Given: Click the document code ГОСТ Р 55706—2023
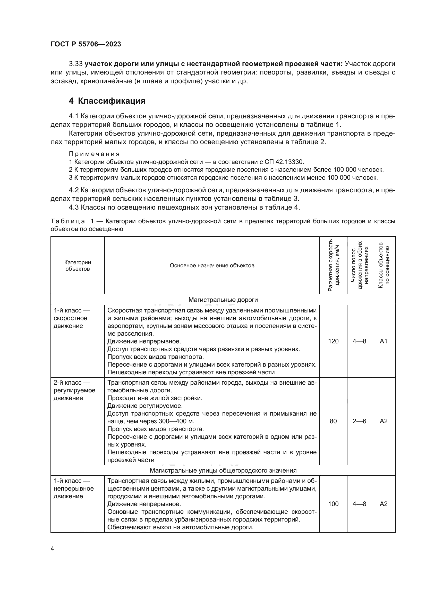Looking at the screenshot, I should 86,44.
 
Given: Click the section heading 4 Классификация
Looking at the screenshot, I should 107,101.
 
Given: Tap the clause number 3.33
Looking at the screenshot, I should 75,64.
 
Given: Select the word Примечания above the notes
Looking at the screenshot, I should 94,154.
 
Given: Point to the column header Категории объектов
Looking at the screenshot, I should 78,266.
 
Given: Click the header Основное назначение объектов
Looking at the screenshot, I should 212,266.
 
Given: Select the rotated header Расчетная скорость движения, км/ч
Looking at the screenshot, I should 333,265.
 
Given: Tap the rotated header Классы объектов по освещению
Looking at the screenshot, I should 384,265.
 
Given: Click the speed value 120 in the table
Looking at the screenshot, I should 333,341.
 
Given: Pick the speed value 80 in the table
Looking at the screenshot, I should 333,421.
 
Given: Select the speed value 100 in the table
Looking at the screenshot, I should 333,504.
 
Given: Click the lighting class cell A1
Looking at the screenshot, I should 384,341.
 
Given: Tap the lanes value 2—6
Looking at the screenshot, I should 359,421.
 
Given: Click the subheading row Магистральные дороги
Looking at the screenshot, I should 223,300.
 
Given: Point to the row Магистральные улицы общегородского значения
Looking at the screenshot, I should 223,470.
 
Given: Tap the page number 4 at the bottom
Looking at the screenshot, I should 52,549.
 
